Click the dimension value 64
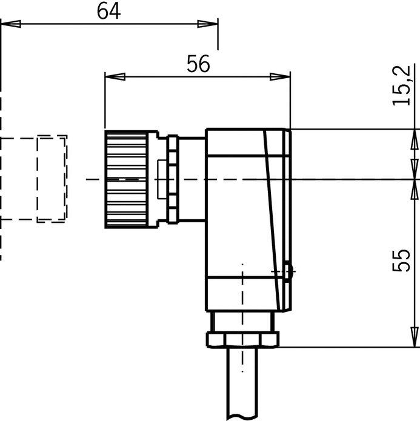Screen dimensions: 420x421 coord(108,12)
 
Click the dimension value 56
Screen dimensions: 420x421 coord(198,64)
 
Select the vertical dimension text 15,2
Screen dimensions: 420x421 coord(401,85)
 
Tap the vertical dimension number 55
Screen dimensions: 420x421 coord(401,260)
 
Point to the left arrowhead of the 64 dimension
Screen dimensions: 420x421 coord(11,24)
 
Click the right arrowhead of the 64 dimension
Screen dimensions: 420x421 coord(208,24)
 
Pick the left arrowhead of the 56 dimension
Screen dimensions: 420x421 coord(115,77)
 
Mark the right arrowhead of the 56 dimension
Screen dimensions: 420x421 coord(280,77)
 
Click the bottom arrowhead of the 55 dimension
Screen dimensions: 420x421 coord(415,337)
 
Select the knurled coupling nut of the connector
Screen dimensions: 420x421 coord(126,179)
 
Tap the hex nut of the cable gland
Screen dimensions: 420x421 coord(242,340)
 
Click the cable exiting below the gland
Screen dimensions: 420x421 coord(242,384)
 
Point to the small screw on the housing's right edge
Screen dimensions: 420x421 coord(288,271)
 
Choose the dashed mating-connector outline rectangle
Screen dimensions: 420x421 coord(52,179)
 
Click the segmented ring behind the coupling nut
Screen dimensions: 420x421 coord(173,179)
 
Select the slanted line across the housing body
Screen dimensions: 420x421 coord(272,220)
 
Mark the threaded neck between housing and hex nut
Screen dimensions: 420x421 coord(242,322)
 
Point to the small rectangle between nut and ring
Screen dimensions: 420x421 coord(162,179)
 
